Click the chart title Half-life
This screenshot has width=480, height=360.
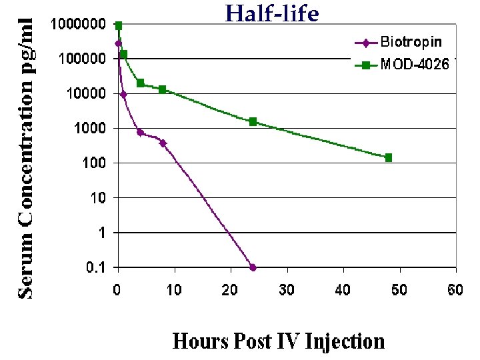pyautogui.click(x=271, y=13)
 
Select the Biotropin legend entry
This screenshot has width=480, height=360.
pyautogui.click(x=411, y=42)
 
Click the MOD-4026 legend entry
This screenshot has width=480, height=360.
pyautogui.click(x=414, y=65)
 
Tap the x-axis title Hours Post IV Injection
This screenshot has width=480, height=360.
pyautogui.click(x=279, y=341)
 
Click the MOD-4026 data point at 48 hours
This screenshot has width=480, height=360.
pyautogui.click(x=389, y=157)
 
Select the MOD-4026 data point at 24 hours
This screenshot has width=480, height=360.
pyautogui.click(x=253, y=121)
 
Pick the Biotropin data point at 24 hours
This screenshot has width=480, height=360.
pyautogui.click(x=253, y=267)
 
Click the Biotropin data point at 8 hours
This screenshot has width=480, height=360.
pyautogui.click(x=163, y=143)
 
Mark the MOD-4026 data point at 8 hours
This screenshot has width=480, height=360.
pyautogui.click(x=163, y=89)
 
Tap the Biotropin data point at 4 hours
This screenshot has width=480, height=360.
pyautogui.click(x=141, y=132)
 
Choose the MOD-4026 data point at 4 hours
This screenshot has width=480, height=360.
pyautogui.click(x=141, y=83)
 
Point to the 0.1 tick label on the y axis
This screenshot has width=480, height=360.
pyautogui.click(x=95, y=268)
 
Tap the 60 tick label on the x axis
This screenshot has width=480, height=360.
pyautogui.click(x=456, y=289)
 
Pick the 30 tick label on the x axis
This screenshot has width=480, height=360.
pyautogui.click(x=287, y=289)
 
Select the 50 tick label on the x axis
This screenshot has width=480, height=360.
pyautogui.click(x=399, y=289)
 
